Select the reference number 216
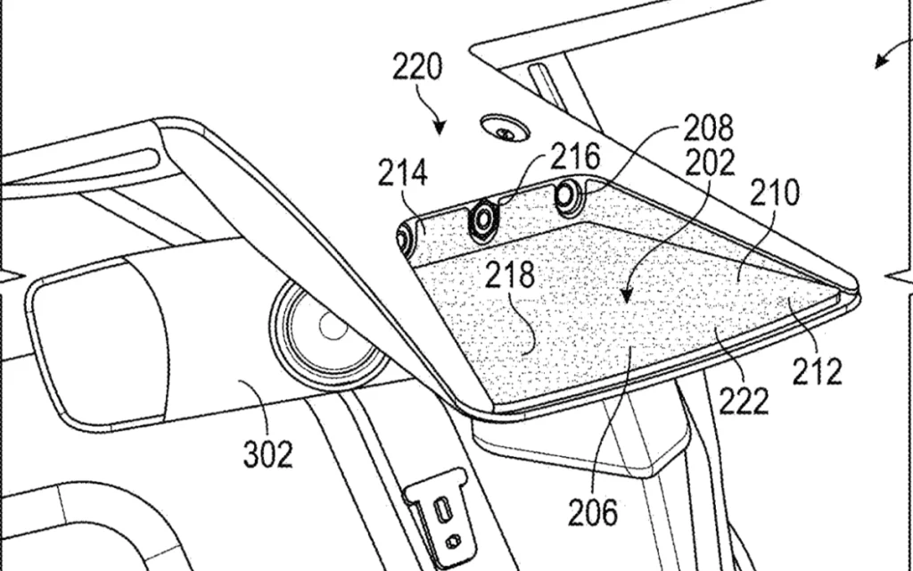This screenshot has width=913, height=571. (x=574, y=158)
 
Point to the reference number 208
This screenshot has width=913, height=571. (x=709, y=129)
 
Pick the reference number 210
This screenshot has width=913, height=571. (x=774, y=193)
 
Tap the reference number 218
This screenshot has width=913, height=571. (x=510, y=275)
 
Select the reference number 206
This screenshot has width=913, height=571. (x=593, y=511)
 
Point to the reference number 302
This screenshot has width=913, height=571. (x=267, y=454)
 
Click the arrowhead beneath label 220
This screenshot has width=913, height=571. (x=440, y=129)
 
